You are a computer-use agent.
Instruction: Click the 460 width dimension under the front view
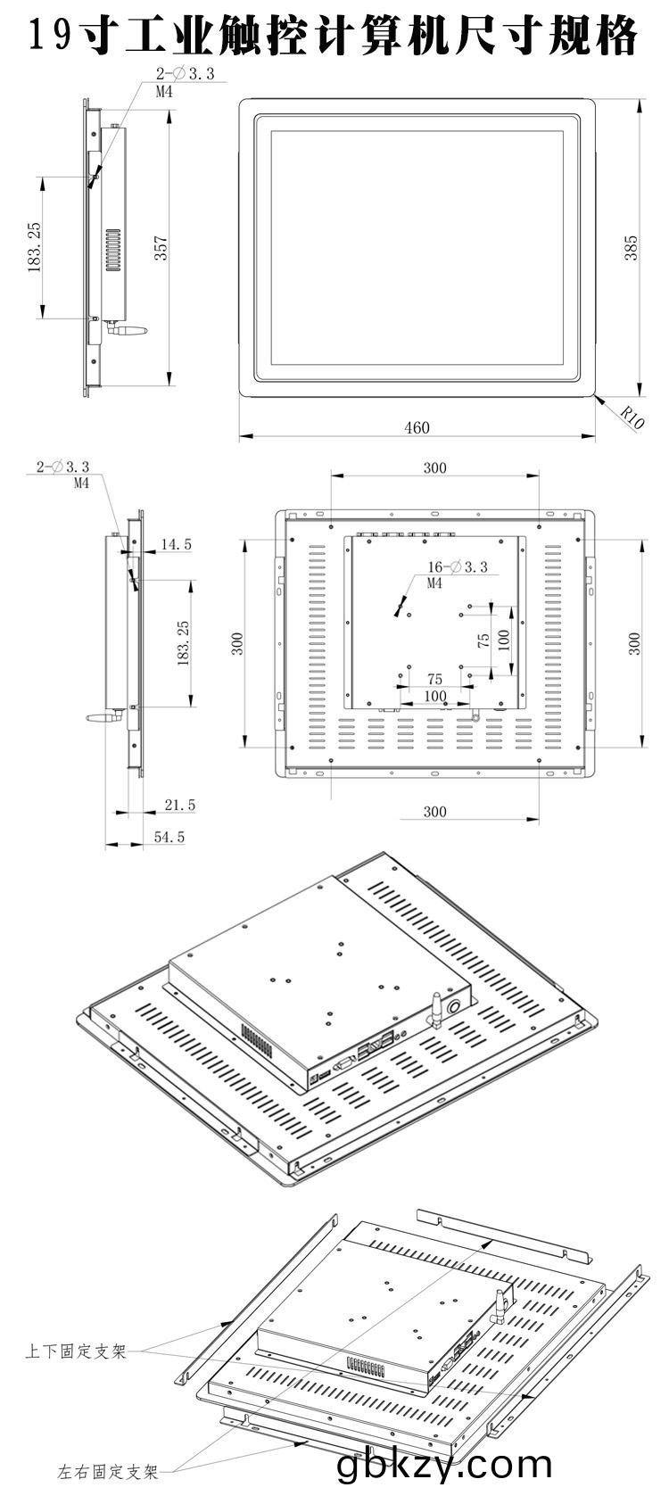pos(417,427)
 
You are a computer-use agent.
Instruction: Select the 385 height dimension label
pos(631,248)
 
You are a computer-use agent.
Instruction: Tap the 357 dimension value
pos(161,248)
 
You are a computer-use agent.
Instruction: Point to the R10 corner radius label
pos(632,417)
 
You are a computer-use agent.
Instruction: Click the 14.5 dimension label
pos(176,544)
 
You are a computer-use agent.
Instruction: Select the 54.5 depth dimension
pos(169,837)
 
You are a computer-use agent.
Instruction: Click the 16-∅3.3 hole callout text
pos(458,566)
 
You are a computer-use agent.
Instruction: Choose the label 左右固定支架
pos(108,1472)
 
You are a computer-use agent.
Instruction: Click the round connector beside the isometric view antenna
pos(455,1007)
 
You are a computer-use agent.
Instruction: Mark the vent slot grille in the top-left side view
pos(112,251)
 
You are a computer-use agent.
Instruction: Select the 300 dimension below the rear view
pos(434,812)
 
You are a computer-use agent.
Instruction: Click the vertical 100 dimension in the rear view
pos(504,640)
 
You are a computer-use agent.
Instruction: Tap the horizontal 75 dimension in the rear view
pos(434,680)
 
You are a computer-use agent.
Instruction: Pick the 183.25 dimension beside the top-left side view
pos(34,248)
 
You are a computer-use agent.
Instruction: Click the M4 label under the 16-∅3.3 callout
pos(434,583)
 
